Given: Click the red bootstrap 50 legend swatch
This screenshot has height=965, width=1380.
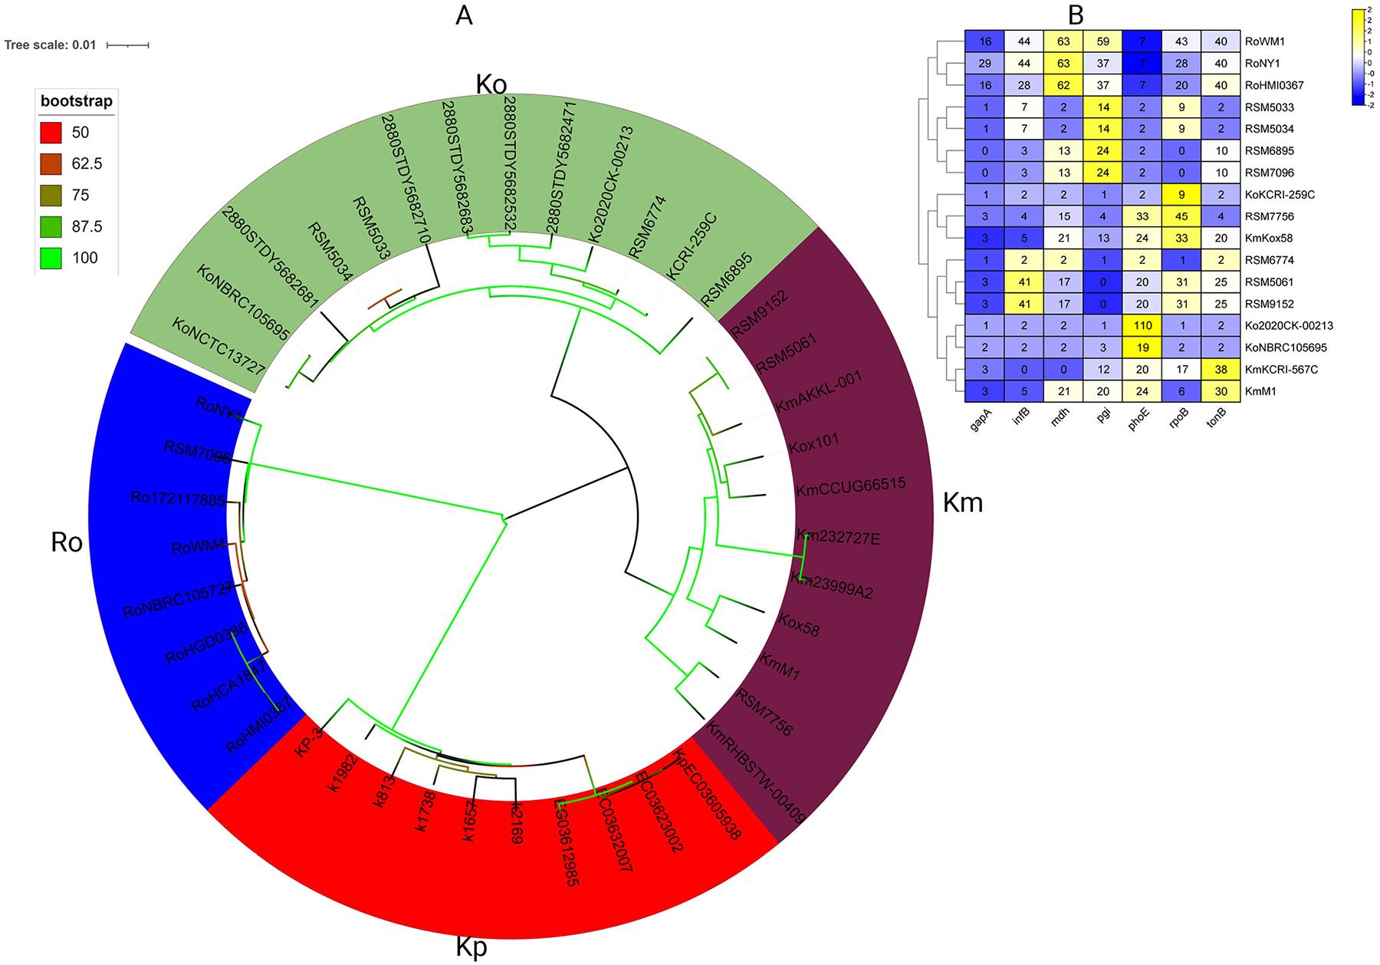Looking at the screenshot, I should click(51, 133).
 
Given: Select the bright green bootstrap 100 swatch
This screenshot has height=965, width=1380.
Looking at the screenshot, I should click(51, 258).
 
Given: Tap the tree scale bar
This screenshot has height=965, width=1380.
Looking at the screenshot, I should click(127, 45).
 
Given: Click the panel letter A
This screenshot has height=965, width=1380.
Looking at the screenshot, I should click(464, 16).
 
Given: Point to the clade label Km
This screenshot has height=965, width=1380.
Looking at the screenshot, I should click(962, 503).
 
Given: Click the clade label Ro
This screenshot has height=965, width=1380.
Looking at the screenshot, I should click(67, 542).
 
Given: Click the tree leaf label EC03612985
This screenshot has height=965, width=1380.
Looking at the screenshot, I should click(568, 843).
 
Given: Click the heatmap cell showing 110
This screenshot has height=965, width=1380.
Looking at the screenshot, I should click(1142, 325).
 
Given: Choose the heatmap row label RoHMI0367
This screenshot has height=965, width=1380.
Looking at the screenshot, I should click(1276, 86).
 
